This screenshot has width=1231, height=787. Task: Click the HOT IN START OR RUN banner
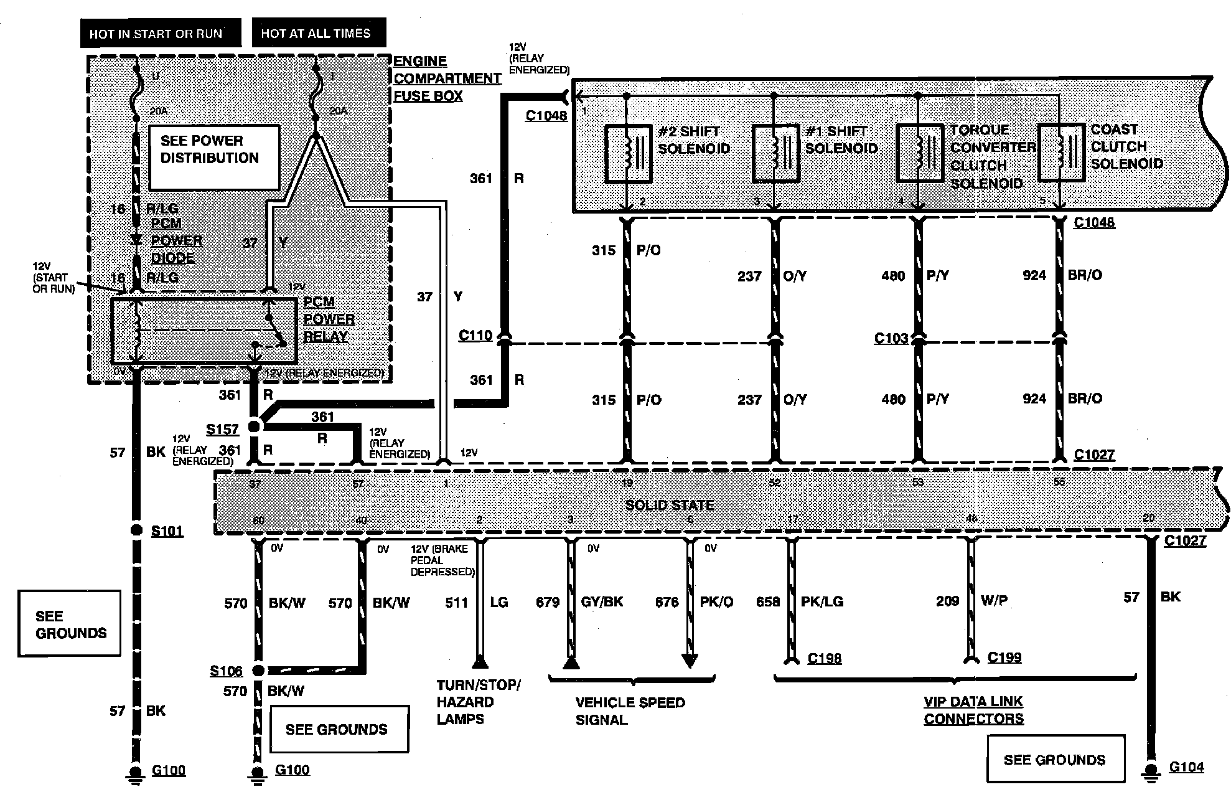pos(160,34)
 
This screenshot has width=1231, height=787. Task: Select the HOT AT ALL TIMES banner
pos(318,33)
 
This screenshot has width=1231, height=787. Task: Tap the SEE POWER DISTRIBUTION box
pos(213,158)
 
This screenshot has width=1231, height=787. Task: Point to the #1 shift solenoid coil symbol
pos(775,154)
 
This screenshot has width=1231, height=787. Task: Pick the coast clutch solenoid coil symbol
pos(1061,153)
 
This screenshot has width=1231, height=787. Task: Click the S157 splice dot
pos(254,426)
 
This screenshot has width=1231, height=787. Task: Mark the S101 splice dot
pos(137,530)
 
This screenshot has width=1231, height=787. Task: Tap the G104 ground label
pos(1186,767)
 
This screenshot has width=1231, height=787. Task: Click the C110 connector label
pos(475,336)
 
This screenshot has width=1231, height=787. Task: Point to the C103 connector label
pos(891,338)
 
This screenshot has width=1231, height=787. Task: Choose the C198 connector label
pos(824,658)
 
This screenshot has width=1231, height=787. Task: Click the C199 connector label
pos(1004,657)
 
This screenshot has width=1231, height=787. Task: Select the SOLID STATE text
pos(669,505)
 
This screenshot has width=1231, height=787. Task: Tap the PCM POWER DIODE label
pos(176,241)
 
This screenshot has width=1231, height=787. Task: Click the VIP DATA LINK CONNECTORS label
pos(973,710)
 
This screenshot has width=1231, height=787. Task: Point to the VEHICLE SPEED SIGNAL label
pos(630,711)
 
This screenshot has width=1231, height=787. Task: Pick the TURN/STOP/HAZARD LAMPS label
pos(478,702)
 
